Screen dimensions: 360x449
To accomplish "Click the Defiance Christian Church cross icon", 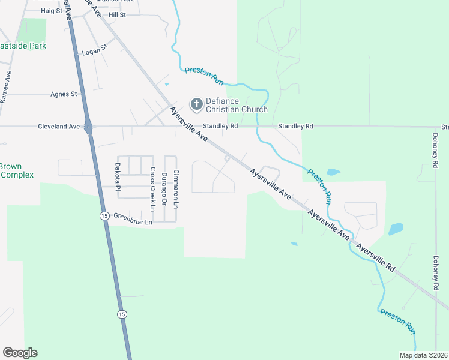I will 196,105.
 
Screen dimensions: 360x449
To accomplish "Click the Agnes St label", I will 64,94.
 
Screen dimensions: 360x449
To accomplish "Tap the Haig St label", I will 52,11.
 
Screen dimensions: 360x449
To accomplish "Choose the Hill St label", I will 117,14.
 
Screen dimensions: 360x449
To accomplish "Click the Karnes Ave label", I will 7,88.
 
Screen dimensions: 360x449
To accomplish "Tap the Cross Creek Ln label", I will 153,189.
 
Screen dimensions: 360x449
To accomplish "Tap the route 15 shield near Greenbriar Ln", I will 104,215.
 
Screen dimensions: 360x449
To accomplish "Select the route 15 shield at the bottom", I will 122,314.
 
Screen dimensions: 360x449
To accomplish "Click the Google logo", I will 20,353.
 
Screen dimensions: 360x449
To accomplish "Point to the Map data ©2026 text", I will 423,355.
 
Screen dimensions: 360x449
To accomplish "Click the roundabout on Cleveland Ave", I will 89,127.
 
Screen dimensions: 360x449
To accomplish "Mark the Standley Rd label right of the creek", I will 296,127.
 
